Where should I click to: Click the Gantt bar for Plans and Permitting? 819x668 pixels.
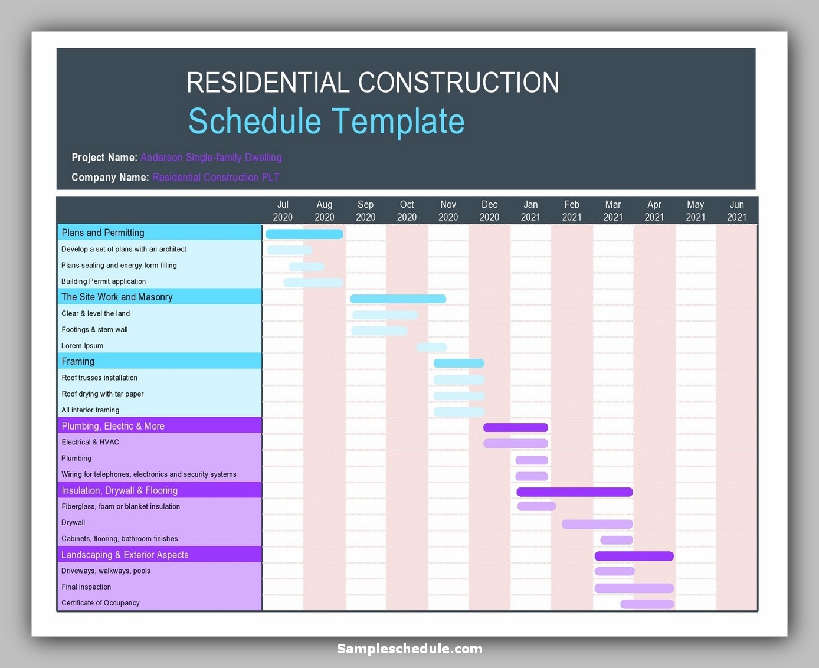pos(304,234)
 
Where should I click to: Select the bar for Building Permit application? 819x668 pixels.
pos(313,283)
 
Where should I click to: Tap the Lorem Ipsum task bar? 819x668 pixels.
pos(431,347)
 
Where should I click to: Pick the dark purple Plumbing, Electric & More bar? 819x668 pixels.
pos(515,427)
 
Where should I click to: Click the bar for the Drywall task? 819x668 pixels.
pos(597,524)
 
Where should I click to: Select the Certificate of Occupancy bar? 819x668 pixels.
pos(647,604)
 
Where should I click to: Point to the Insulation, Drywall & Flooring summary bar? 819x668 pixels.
pos(574,492)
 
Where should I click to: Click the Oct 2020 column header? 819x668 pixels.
pos(407,211)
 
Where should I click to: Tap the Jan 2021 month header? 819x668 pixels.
pos(530,211)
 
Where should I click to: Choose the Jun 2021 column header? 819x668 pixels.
pos(736,211)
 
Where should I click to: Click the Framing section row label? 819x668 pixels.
pos(78,361)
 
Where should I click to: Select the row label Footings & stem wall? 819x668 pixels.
pos(94,329)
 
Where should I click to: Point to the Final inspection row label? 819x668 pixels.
pos(86,587)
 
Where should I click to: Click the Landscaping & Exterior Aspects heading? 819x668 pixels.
pos(125,555)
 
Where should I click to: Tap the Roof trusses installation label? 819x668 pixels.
pos(99,378)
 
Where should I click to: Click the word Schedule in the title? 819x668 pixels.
pos(254,121)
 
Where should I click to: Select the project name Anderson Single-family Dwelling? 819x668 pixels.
pos(211,158)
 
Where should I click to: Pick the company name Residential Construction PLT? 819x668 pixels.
pos(215,178)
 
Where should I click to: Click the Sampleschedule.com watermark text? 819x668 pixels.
pos(409,649)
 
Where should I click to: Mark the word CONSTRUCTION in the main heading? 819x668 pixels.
pos(458,83)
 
